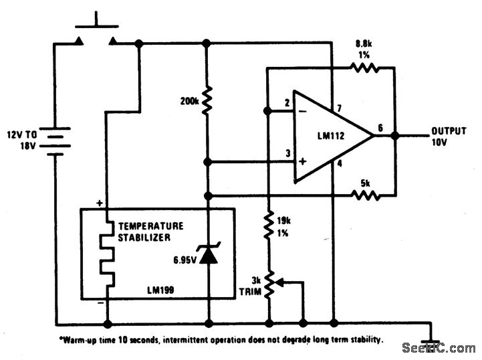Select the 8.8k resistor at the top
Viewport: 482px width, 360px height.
pyautogui.click(x=366, y=68)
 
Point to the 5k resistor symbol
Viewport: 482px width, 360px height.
pyautogui.click(x=366, y=195)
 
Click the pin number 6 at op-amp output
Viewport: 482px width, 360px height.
pyautogui.click(x=380, y=127)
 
